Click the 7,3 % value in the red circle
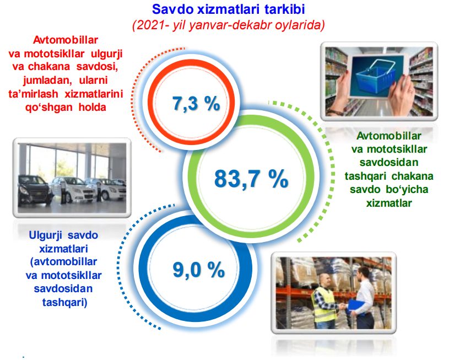point(196,103)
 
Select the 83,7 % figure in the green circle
point(251,179)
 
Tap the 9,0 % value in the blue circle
point(199,270)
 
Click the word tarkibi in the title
point(284,9)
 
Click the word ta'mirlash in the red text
point(33,94)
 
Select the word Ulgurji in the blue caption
point(46,235)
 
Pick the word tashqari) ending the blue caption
point(65,302)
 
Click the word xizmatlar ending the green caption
point(389,203)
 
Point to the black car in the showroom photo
point(34,190)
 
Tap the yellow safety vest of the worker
point(324,304)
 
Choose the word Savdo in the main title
point(172,9)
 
